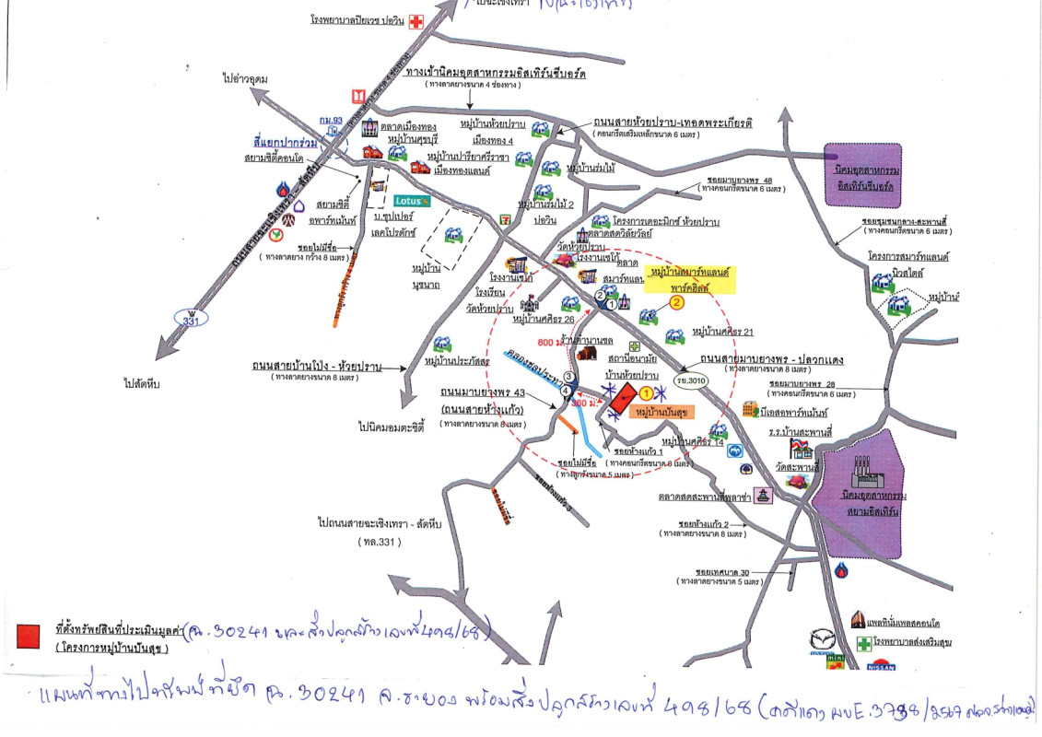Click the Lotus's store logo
pyautogui.click(x=412, y=200)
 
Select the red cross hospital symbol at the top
pyautogui.click(x=416, y=21)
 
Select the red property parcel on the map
pyautogui.click(x=622, y=399)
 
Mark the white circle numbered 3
pyautogui.click(x=569, y=377)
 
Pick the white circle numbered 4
pyautogui.click(x=564, y=391)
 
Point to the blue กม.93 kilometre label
pyautogui.click(x=330, y=121)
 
